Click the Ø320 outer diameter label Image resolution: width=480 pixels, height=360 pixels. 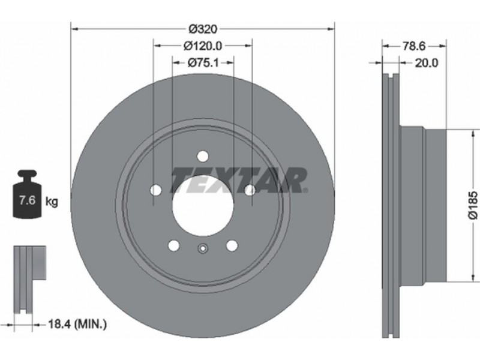203,29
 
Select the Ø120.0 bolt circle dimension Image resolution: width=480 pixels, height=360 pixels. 203,46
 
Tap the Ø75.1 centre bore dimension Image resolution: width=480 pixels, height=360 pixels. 203,63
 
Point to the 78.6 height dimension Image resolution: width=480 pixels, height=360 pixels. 414,46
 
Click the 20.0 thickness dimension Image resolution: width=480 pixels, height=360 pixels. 427,63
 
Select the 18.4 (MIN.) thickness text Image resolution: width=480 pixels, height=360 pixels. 78,324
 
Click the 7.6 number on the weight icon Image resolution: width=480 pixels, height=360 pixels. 28,200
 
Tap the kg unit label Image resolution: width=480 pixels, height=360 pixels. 52,202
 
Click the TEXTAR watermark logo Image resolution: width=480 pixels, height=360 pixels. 239,180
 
